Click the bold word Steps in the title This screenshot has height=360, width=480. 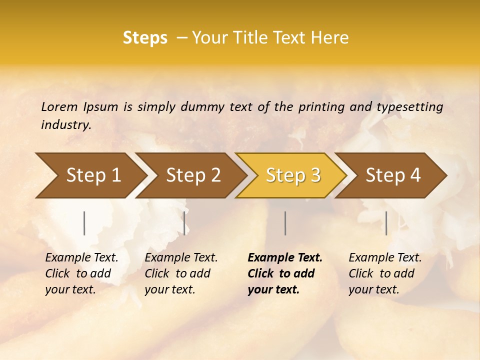coord(145,38)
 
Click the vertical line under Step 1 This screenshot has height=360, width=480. coord(84,223)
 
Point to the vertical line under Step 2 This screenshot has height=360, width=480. coord(184,223)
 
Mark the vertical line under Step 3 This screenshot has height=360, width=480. coord(285,223)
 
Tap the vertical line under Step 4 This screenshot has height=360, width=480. coord(386,223)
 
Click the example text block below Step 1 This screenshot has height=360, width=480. coord(81,273)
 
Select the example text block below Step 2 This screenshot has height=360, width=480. coord(181,273)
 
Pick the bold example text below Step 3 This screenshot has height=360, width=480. coord(284,273)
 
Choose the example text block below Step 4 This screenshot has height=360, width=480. coord(385,273)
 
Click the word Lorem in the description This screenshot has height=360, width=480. coord(59,106)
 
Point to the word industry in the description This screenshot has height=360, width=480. coord(66,125)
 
